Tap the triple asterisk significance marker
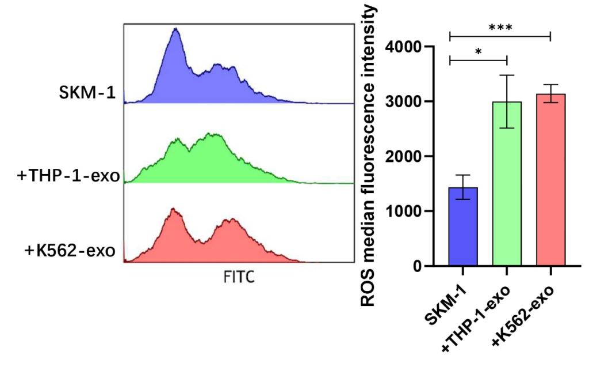coord(500,28)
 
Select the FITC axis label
coord(239,278)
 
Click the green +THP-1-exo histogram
coord(207,161)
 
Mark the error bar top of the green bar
coord(507,75)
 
